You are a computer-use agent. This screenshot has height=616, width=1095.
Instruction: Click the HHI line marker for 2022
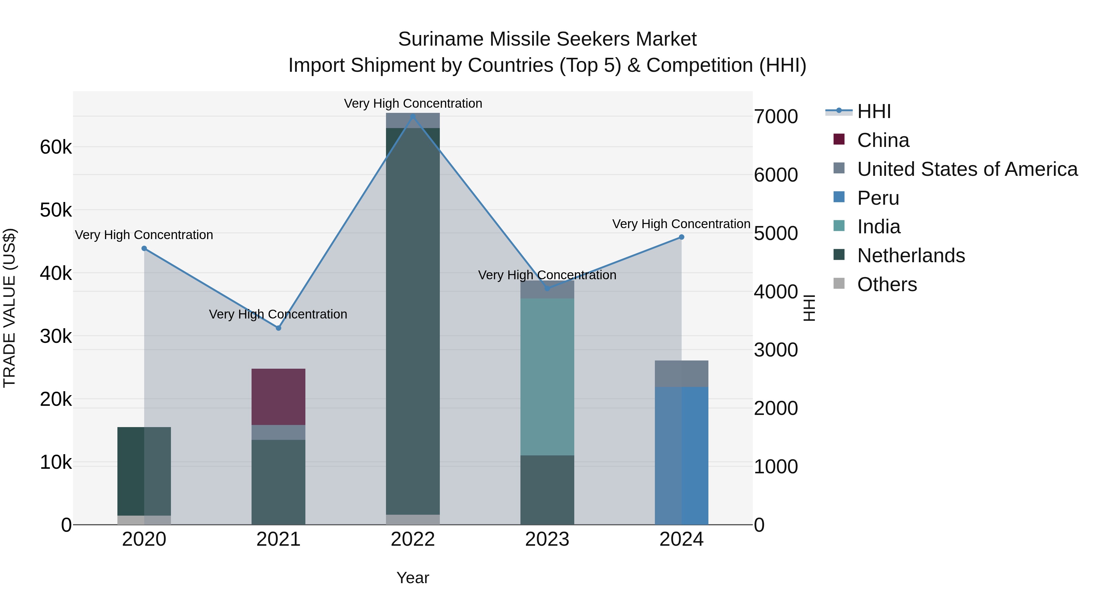tap(413, 116)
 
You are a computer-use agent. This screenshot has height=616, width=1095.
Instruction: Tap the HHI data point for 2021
tap(278, 328)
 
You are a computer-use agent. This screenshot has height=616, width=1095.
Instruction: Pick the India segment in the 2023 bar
tap(547, 376)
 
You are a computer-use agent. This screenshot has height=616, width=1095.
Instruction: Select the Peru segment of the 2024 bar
tap(681, 455)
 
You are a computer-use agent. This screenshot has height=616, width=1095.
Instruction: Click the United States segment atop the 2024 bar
tap(681, 373)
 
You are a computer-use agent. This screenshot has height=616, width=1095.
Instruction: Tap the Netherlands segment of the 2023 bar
tap(547, 490)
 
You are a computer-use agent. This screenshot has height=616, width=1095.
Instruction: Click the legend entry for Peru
tap(878, 198)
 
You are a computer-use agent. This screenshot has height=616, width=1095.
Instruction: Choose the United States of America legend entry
tap(967, 169)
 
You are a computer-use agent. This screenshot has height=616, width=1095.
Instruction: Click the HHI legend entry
tap(874, 111)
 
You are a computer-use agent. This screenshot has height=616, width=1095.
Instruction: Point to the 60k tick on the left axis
tap(56, 148)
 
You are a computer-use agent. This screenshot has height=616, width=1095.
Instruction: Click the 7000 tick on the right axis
tap(776, 117)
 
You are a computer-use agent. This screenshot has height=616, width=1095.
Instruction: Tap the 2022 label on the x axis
tap(413, 539)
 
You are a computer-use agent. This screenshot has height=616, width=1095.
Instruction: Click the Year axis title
tap(413, 578)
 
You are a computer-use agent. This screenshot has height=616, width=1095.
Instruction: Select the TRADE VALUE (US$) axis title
tap(9, 308)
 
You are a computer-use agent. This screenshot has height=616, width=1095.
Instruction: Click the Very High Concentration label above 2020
tap(144, 235)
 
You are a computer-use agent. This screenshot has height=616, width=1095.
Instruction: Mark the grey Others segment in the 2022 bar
tap(413, 520)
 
